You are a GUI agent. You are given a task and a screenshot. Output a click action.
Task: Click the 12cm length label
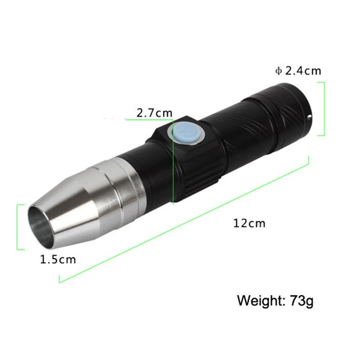[249, 223]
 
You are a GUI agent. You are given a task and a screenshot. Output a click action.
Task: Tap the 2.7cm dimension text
[154, 113]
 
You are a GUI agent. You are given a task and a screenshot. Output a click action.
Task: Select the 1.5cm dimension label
[58, 259]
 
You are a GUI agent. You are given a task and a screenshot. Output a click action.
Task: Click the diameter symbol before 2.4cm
[278, 71]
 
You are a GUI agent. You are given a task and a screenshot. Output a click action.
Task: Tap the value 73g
[301, 300]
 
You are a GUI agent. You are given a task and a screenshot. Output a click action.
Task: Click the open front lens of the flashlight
[42, 225]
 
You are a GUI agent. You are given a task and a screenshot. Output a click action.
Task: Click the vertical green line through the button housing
[173, 180]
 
